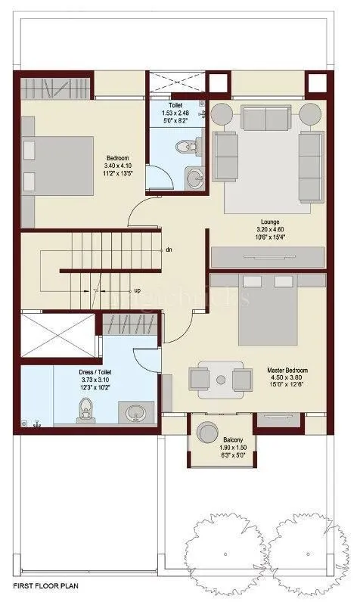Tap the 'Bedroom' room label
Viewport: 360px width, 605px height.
coord(116,158)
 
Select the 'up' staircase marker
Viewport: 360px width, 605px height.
coord(137,290)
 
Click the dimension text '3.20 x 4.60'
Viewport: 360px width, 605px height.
coord(268,230)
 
